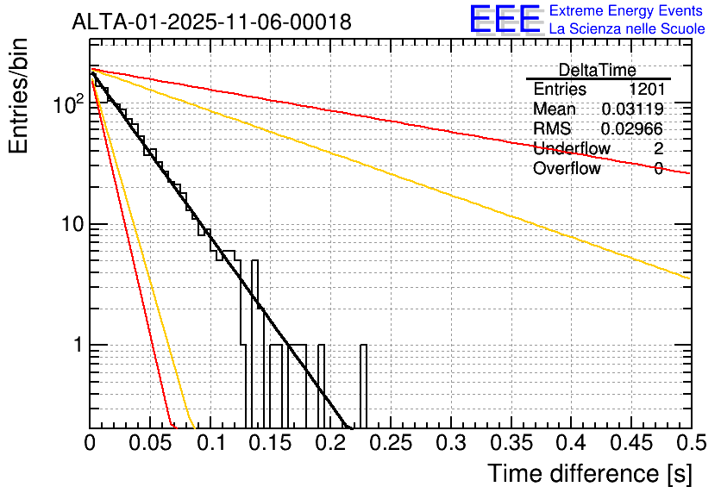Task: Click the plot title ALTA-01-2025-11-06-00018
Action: [x=211, y=22]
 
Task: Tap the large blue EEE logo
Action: [x=505, y=19]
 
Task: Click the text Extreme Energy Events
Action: [x=625, y=11]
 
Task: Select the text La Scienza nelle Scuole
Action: [x=627, y=29]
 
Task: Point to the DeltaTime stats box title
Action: [x=597, y=70]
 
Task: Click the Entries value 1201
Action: [x=646, y=90]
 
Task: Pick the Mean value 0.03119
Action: [x=632, y=109]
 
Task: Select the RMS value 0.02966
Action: [x=632, y=129]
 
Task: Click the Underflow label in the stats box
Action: [x=571, y=149]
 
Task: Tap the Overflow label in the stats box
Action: [x=567, y=169]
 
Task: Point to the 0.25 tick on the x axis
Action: [x=390, y=444]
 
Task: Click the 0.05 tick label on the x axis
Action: [x=149, y=444]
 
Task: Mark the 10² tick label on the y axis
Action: [x=69, y=104]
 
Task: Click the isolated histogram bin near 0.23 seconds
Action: [x=363, y=384]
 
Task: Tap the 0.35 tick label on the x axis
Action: [x=510, y=444]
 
